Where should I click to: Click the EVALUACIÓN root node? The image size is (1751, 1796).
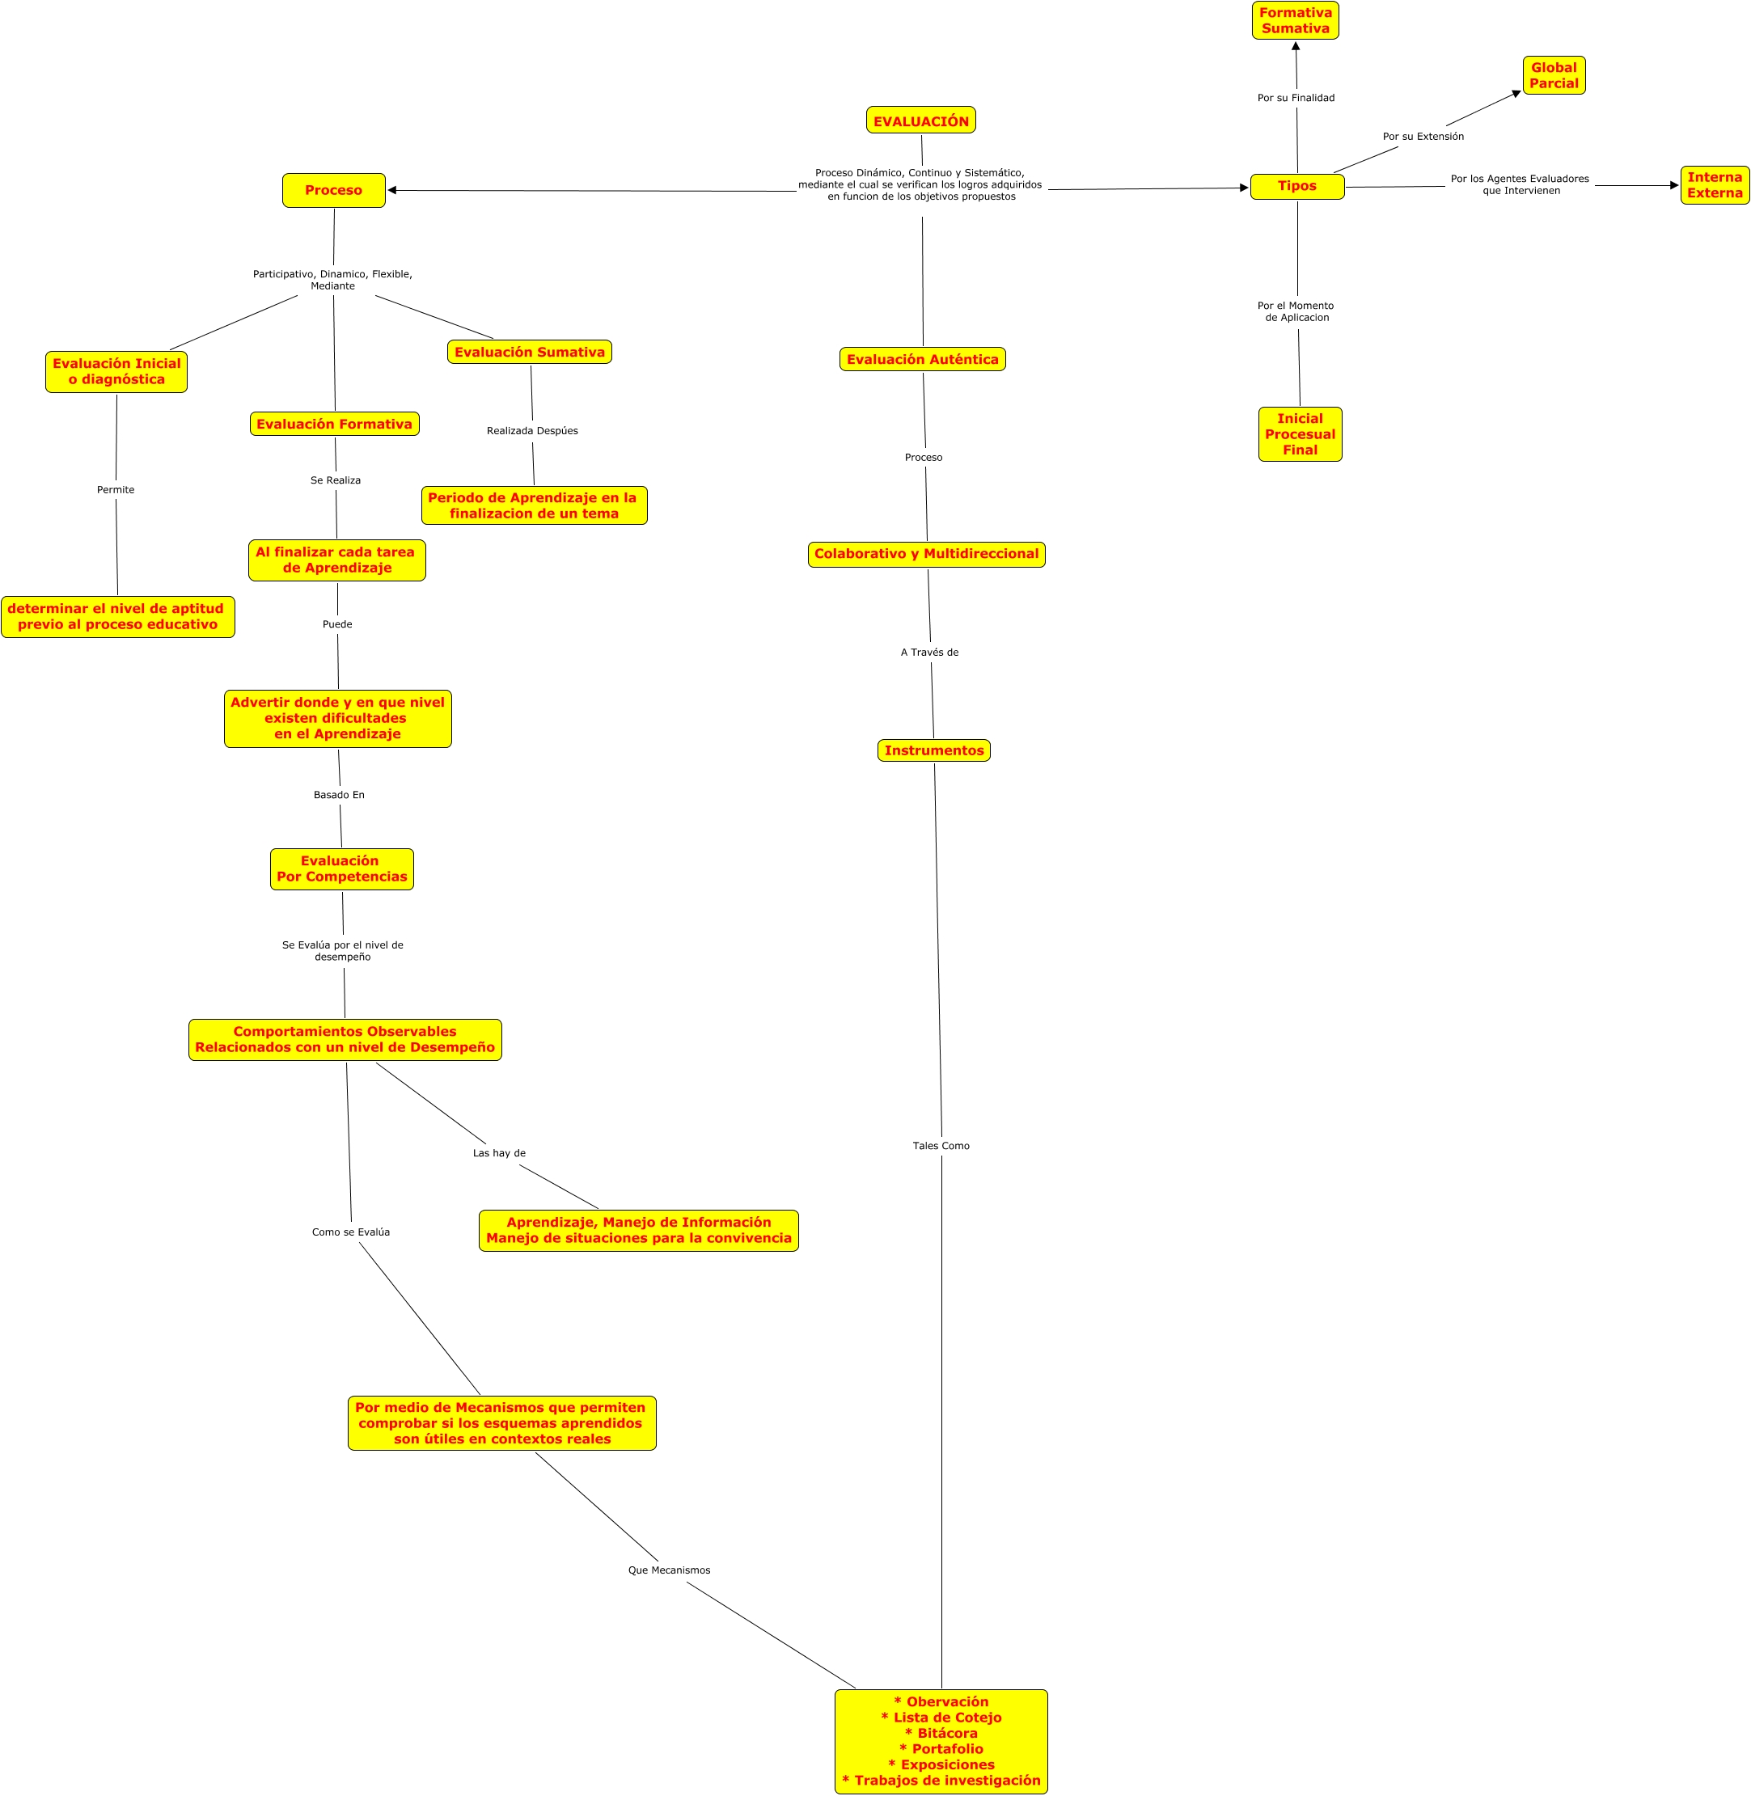(920, 120)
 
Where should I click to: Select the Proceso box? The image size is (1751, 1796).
(334, 190)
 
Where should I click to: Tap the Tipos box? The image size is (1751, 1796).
(1296, 186)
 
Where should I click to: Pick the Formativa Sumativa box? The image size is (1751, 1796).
(1295, 20)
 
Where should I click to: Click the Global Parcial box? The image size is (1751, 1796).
(1554, 75)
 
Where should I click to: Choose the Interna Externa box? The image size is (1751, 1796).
(1715, 185)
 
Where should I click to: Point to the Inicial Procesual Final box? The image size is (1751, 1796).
(1300, 434)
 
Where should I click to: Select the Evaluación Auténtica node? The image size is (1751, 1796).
(922, 360)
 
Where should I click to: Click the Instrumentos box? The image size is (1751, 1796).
(933, 750)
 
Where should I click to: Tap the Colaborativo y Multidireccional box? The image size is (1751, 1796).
(926, 554)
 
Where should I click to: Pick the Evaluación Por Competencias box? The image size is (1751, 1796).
(341, 869)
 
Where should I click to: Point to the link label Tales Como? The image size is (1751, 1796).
(941, 1146)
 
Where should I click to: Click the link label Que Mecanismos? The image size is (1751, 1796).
(669, 1570)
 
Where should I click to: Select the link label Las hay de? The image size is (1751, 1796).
(498, 1153)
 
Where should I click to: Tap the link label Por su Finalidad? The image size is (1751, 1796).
(1295, 99)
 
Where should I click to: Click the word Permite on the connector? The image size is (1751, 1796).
(116, 490)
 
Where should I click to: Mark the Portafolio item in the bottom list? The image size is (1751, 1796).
(941, 1748)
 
